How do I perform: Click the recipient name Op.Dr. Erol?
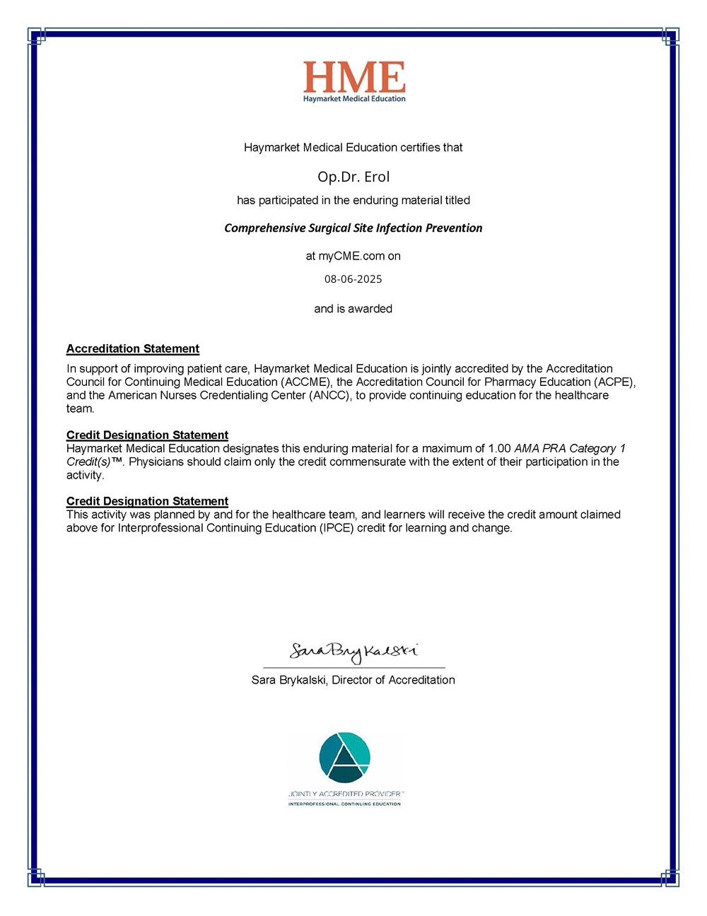coord(353,177)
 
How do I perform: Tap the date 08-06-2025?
coord(353,279)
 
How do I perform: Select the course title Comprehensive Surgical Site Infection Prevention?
coord(353,228)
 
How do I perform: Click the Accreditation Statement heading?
coord(133,348)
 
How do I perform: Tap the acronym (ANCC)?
coord(329,395)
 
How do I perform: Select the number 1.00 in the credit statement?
coord(499,448)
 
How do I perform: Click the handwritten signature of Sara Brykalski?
coord(353,652)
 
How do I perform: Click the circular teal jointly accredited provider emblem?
coord(344,757)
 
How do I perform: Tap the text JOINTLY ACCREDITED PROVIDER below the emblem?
coord(345,794)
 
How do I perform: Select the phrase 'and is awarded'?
coord(353,309)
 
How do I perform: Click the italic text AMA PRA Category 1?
coord(570,448)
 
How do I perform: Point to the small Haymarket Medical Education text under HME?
coord(354,99)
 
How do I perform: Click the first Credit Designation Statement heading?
coord(147,435)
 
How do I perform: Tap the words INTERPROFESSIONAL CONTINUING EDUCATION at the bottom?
coord(344,804)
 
